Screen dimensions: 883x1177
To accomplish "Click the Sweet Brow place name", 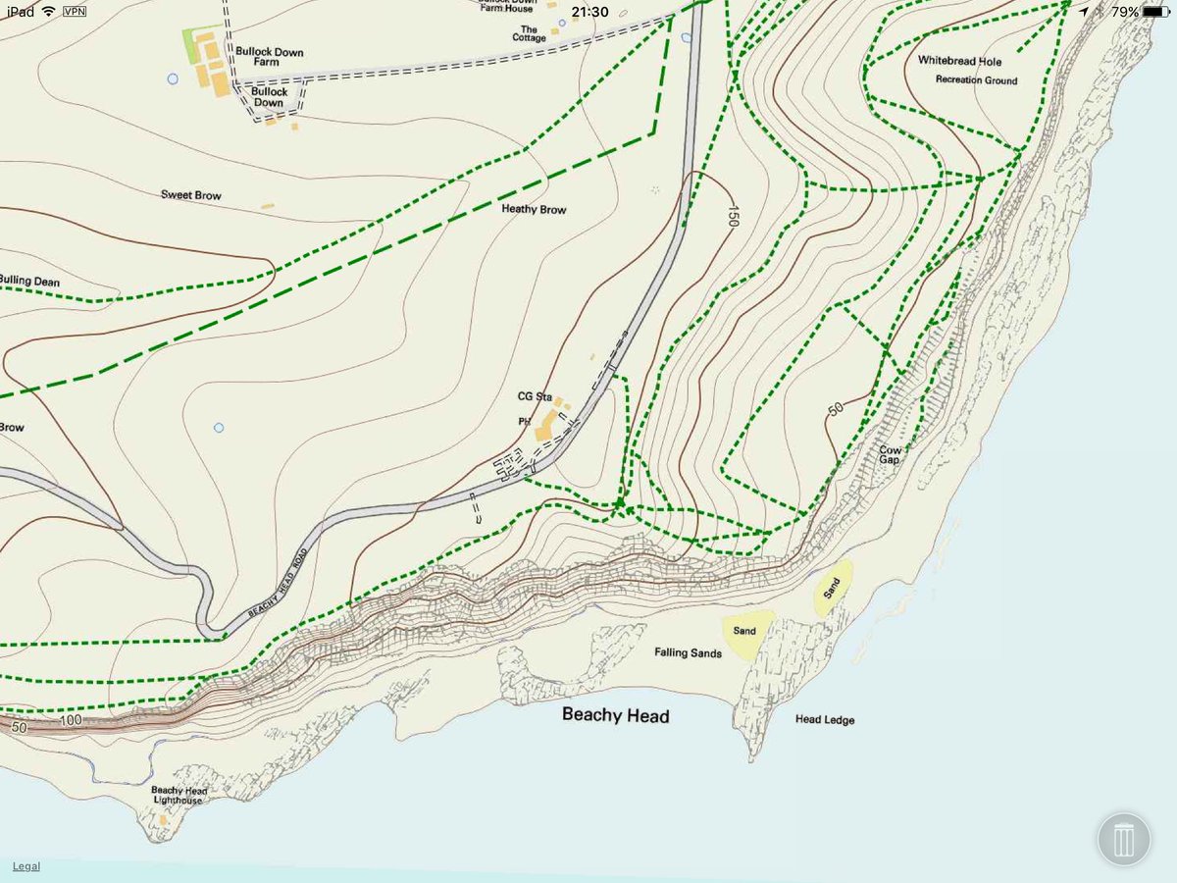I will tap(191, 195).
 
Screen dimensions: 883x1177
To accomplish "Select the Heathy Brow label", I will tap(534, 209).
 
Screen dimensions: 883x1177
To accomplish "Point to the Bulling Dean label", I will tap(29, 282).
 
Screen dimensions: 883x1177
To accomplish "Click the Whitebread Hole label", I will tap(959, 61).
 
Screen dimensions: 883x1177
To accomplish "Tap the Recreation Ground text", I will tap(976, 80).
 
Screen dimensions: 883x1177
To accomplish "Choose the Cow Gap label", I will tap(890, 454).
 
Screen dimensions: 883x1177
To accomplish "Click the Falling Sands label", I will tap(688, 652).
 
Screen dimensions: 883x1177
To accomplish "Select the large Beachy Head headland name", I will tap(615, 715).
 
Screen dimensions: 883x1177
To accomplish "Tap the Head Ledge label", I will tap(824, 720).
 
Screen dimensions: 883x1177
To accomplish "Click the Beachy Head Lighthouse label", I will tap(179, 796).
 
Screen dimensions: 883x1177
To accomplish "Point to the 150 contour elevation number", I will tap(732, 216).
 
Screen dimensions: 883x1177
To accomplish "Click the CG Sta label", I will tap(536, 396).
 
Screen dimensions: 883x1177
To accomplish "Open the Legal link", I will tap(26, 866).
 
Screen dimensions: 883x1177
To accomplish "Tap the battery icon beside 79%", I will tap(1156, 12).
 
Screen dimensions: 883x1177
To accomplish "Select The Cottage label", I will tap(528, 34).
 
